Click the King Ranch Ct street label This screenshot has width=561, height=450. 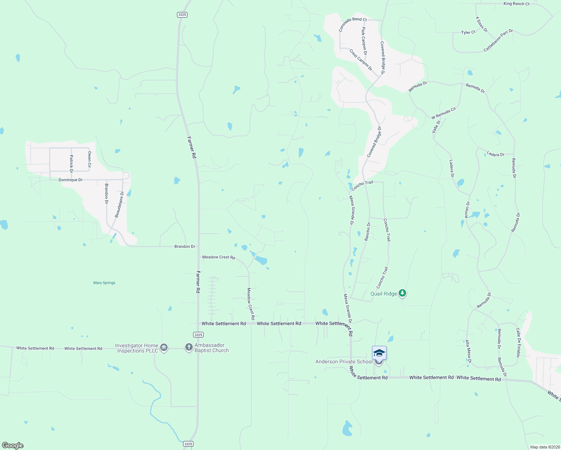(516, 4)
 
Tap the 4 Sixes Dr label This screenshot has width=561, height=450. (481, 24)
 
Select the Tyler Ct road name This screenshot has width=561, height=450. (468, 33)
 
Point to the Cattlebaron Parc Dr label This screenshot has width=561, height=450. (498, 40)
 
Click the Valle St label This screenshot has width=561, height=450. (436, 127)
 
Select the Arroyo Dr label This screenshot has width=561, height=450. (467, 210)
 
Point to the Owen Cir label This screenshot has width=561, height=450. (89, 159)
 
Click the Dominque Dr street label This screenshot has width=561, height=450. (70, 180)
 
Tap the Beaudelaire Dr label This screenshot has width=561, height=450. (119, 205)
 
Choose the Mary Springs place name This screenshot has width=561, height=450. (104, 283)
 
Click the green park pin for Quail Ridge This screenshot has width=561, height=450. (402, 293)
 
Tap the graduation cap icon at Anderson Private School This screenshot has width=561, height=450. (379, 353)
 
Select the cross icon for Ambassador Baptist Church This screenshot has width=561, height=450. (189, 348)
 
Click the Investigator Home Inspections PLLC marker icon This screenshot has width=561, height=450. (163, 348)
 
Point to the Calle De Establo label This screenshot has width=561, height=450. (518, 343)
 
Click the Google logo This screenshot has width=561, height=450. (13, 445)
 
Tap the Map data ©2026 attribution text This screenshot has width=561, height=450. (544, 447)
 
